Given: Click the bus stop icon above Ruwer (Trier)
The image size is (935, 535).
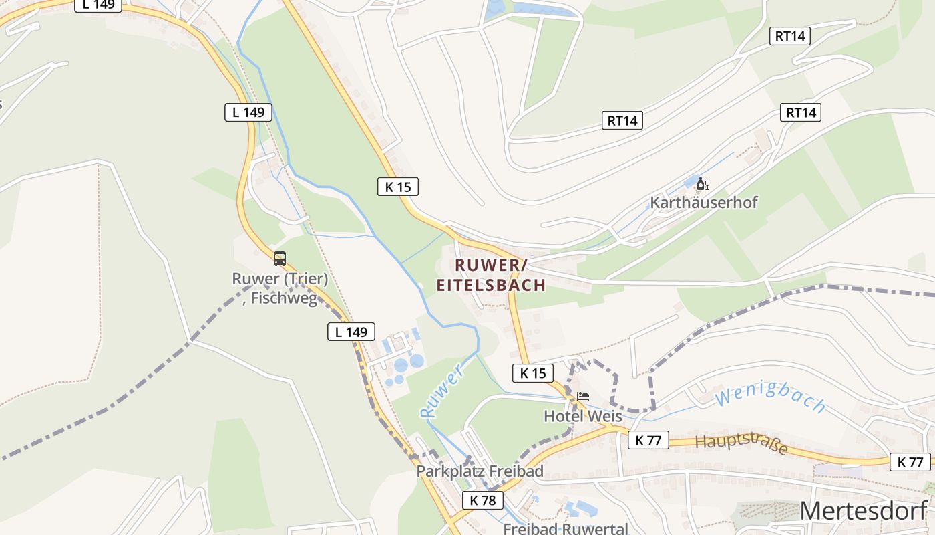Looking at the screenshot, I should [x=280, y=259].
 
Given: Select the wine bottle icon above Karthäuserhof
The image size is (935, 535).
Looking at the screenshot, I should [x=700, y=183].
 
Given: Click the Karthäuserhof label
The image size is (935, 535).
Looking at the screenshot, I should [x=704, y=202].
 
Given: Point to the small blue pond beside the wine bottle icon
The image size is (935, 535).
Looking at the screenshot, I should [x=689, y=183].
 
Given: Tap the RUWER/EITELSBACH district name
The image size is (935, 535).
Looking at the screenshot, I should [x=491, y=275].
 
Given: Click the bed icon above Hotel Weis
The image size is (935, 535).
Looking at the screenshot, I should [x=583, y=397].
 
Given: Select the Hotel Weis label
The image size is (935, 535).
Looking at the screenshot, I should [x=582, y=416].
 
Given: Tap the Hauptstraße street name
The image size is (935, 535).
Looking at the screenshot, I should [x=741, y=445].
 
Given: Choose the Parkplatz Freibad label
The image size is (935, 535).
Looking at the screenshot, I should [x=480, y=471].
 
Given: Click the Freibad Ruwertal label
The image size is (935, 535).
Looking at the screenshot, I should [x=565, y=528].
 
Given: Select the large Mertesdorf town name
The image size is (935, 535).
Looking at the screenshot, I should [x=864, y=510].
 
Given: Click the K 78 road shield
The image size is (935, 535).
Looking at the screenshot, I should [x=482, y=500].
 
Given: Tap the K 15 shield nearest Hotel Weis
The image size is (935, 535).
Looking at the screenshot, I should [x=532, y=373].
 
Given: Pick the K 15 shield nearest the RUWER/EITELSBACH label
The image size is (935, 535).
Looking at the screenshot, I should [x=399, y=187].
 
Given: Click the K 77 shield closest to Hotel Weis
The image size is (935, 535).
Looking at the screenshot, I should [x=648, y=440].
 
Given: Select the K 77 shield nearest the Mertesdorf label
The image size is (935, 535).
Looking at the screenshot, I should [x=910, y=461].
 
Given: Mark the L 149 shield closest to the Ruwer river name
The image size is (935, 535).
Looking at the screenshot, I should [x=351, y=331].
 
